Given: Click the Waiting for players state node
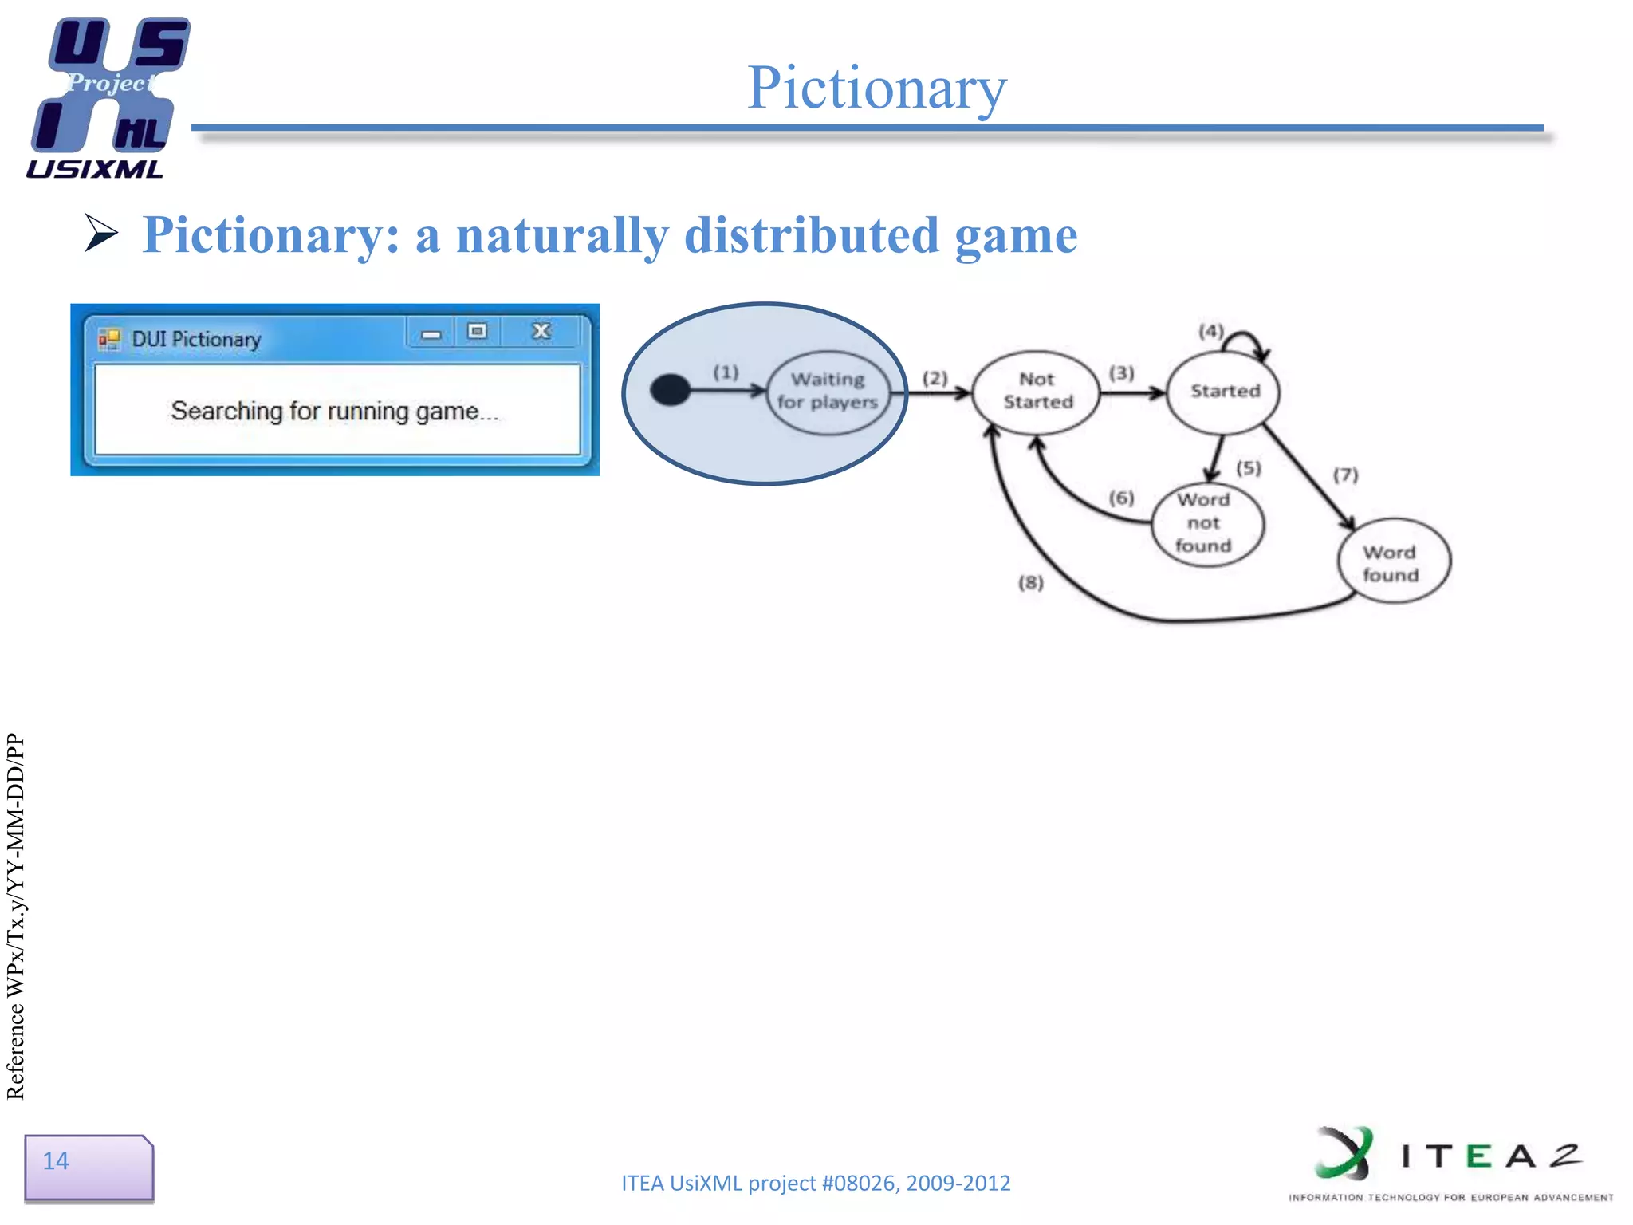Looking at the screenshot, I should pos(828,392).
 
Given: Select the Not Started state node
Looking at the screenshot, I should pos(1037,392).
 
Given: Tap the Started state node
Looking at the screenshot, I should pos(1224,392).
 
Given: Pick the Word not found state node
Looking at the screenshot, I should pos(1206,523).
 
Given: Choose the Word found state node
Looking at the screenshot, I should pos(1392,563).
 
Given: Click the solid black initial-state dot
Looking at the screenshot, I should pos(670,390).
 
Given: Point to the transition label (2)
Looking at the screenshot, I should pos(935,377).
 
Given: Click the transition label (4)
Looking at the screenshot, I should pos(1210,330).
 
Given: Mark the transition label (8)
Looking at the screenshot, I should pos(1030,582).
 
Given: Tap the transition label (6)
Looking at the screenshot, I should pos(1121,498).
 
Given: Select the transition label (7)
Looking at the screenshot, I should pos(1345,475).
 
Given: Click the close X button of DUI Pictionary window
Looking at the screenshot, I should pos(541,331).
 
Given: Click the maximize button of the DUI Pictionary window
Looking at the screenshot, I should pos(477,331).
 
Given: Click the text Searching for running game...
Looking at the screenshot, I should pos(334,411).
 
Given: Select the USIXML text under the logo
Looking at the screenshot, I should pos(94,169).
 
